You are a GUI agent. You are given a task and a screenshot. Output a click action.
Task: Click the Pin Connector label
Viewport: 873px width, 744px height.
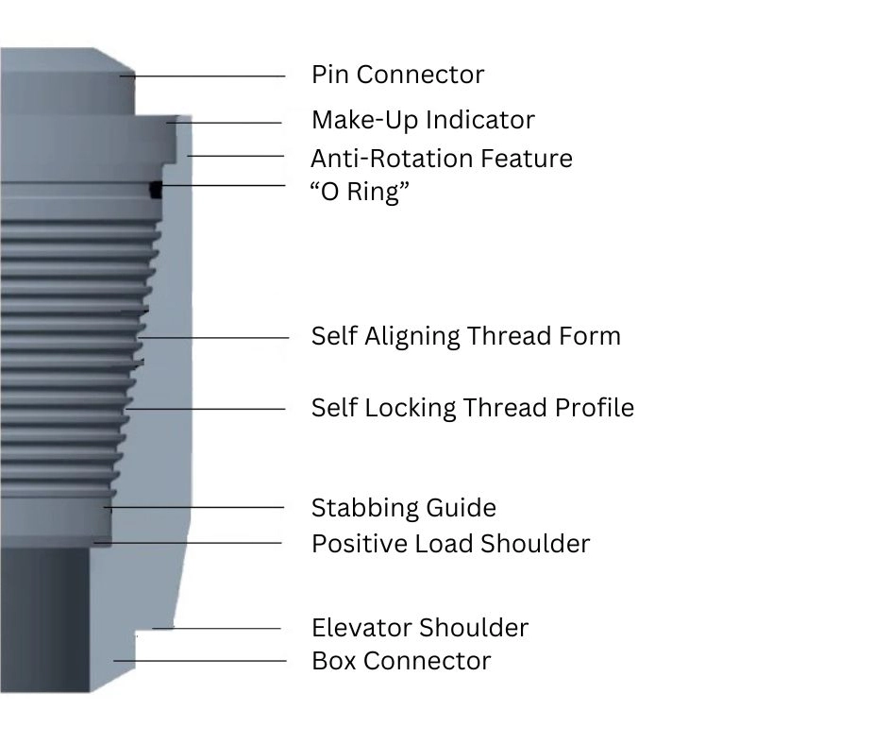[x=397, y=75]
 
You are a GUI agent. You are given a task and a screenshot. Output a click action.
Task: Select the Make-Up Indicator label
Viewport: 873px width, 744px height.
[x=423, y=121]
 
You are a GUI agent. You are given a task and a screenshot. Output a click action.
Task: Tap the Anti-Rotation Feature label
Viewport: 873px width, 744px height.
[x=442, y=158]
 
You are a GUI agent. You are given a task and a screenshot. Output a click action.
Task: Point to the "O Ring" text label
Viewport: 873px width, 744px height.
[x=361, y=192]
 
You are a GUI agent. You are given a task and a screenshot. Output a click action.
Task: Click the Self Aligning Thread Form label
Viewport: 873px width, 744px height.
[x=466, y=337]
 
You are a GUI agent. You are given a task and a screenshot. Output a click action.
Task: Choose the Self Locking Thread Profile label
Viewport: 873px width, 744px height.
[x=473, y=408]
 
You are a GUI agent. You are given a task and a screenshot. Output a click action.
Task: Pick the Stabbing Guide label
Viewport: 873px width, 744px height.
[x=403, y=508]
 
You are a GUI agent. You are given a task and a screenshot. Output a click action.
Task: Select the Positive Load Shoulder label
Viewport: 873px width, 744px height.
[x=450, y=544]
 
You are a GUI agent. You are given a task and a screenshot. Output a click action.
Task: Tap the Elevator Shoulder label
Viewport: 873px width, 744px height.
[x=420, y=628]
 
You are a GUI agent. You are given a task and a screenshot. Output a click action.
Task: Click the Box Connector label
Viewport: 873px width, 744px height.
[x=401, y=661]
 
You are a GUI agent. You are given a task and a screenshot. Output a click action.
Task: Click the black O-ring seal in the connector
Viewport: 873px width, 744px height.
[x=157, y=190]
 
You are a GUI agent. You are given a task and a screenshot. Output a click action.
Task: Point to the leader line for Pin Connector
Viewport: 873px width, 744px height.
[x=208, y=76]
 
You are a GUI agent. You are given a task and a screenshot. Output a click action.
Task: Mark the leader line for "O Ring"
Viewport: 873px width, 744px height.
[x=223, y=186]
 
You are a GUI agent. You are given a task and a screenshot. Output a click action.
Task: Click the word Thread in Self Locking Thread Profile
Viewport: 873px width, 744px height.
[x=488, y=408]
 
